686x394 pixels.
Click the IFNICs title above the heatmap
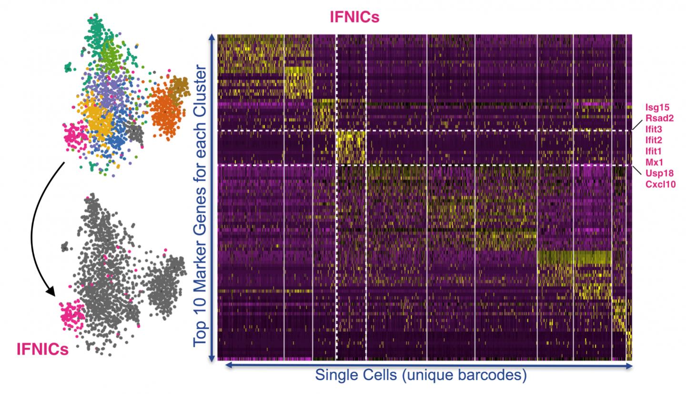[354, 17]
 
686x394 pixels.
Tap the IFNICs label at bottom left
[42, 349]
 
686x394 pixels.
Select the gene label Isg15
[657, 107]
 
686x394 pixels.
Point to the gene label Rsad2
[659, 118]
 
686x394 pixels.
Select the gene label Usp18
[659, 173]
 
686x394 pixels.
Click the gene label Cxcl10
[660, 184]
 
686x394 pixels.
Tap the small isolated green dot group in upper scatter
[70, 68]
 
